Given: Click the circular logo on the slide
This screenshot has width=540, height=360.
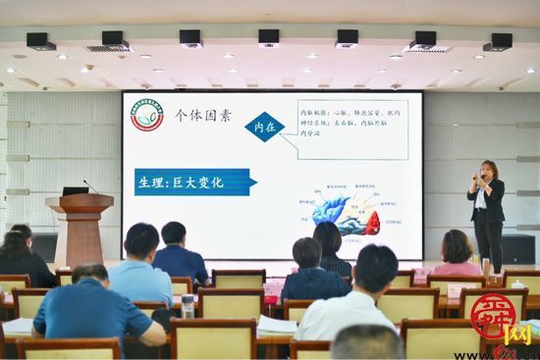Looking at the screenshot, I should tap(147, 116).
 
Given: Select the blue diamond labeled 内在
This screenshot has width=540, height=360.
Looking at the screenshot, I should tap(265, 127).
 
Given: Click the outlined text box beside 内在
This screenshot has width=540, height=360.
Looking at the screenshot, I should tap(351, 129).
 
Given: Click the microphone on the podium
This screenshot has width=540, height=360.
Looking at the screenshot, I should tap(89, 185).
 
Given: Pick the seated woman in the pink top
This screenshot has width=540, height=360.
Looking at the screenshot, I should tap(457, 257).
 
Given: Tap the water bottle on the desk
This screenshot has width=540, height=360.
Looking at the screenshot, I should tap(188, 306).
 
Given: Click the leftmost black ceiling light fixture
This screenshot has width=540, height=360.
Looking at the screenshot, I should tap(40, 41).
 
